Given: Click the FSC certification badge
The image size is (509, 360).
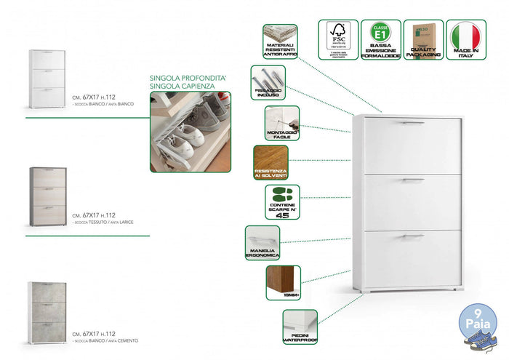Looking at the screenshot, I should (338, 39).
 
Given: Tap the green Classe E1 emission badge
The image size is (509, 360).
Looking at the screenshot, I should (380, 39).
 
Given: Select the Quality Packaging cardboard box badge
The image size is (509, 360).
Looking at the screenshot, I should (423, 39).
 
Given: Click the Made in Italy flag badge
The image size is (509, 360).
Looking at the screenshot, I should (465, 39).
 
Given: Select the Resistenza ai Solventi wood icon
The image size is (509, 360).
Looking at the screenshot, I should (270, 163).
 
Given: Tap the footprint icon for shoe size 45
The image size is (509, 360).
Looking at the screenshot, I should (282, 203).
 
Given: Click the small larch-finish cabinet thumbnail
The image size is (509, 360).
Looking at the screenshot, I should (47, 195).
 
